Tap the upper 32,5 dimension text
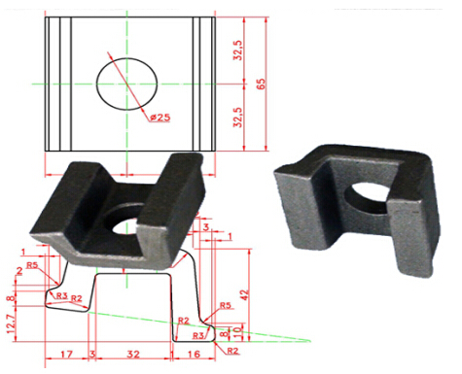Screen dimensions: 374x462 [238, 51]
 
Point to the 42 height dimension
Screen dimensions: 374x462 [255, 289]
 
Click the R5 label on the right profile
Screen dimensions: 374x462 [226, 306]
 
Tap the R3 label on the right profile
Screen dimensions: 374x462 [199, 335]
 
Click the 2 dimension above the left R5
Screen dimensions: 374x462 [18, 271]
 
